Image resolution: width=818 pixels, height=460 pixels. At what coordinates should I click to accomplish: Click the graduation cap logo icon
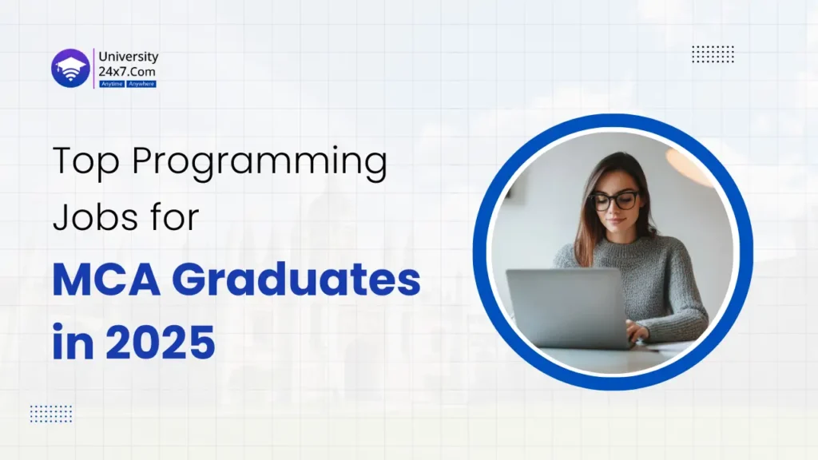point(69,69)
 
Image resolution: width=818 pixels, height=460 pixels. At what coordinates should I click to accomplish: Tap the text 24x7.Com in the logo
point(124,70)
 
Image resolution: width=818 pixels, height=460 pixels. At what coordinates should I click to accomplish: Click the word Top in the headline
point(85,164)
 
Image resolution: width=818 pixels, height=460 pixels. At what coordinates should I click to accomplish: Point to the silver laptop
point(566,307)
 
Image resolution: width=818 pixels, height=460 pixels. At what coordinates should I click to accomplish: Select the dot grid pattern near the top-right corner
point(713,54)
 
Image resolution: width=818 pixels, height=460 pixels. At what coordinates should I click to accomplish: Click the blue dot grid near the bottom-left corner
point(51,413)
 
